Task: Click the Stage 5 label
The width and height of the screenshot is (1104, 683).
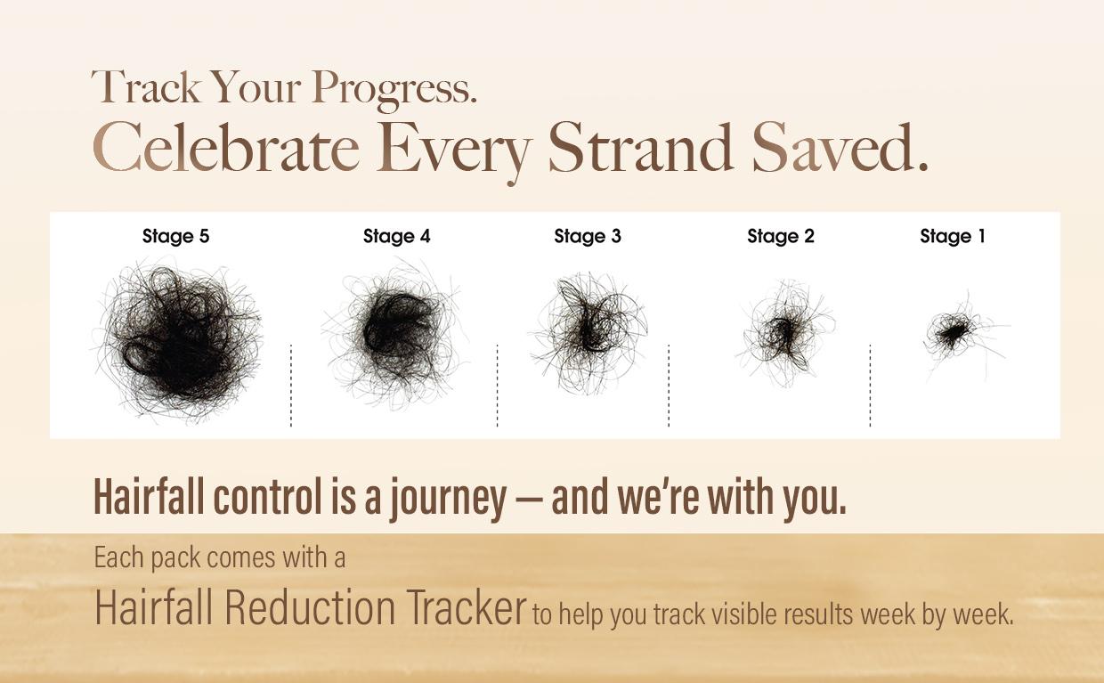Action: (176, 237)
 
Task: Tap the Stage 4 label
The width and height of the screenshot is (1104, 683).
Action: (397, 237)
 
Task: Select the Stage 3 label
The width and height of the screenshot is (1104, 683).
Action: (588, 237)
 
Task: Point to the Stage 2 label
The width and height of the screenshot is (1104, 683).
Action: (781, 237)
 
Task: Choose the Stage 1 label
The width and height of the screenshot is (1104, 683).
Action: (953, 237)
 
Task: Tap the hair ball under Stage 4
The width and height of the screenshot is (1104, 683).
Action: (394, 335)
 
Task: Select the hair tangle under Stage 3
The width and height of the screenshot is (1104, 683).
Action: (588, 334)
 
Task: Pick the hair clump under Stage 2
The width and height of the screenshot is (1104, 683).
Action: (783, 333)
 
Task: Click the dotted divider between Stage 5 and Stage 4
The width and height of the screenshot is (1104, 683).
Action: (291, 386)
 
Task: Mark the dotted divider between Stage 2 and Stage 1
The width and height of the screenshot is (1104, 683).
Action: (871, 386)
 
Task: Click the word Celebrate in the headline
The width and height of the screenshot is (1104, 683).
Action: (226, 147)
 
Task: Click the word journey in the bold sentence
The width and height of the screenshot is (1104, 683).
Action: (448, 499)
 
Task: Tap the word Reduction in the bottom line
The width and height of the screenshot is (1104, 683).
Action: (310, 607)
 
